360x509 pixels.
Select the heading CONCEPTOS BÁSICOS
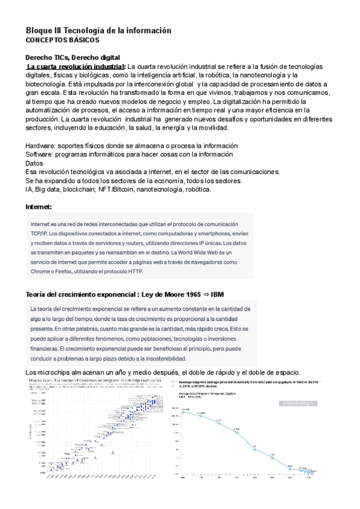click(59, 40)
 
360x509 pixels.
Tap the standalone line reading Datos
click(35, 163)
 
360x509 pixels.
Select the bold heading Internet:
click(39, 207)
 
